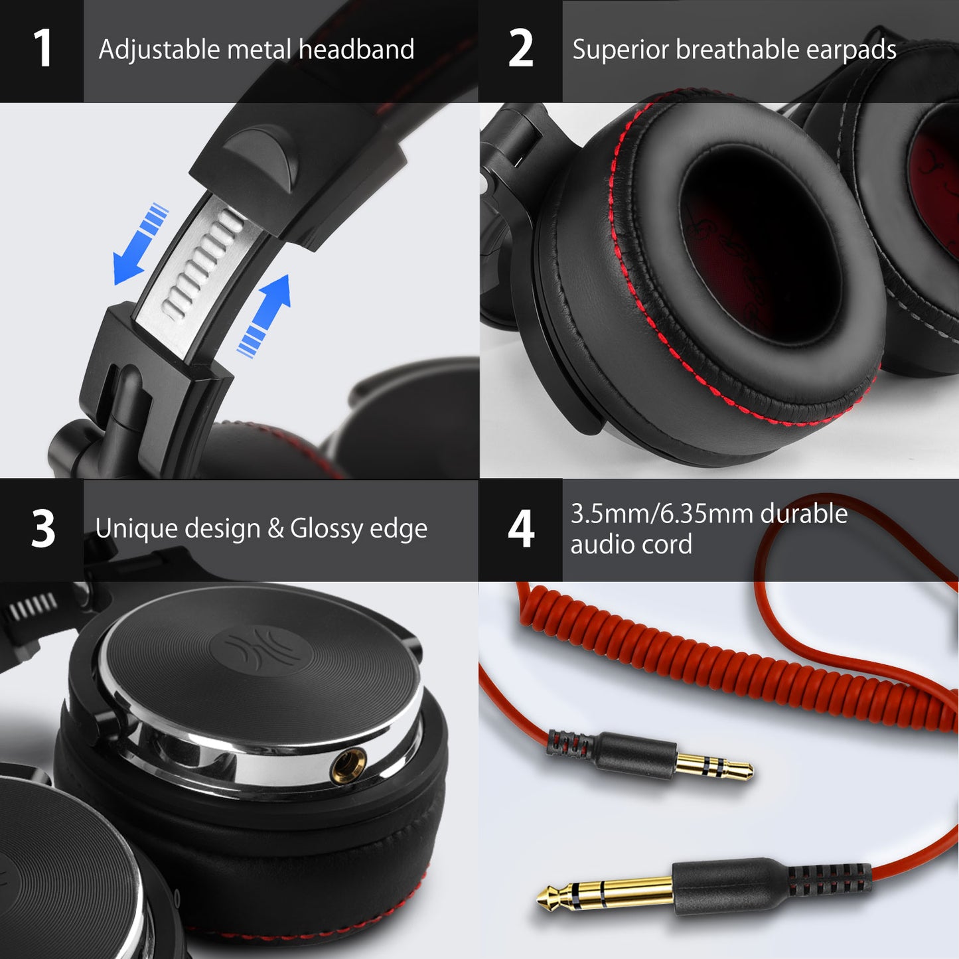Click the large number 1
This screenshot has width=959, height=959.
click(42, 49)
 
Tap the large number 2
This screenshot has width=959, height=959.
click(521, 49)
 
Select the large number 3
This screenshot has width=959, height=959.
click(43, 529)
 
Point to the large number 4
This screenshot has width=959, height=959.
click(521, 529)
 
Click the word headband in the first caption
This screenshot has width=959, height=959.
click(356, 50)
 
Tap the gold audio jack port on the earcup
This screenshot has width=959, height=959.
click(348, 761)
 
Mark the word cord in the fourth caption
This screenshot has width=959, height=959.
click(667, 545)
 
